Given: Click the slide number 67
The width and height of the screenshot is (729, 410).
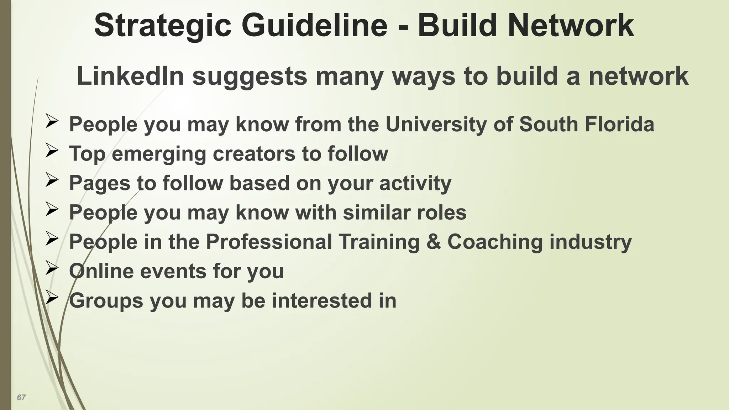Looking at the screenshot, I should (x=21, y=398).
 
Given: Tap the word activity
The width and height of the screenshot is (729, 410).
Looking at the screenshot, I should (x=415, y=183).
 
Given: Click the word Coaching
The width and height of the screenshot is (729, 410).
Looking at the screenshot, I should (x=495, y=242).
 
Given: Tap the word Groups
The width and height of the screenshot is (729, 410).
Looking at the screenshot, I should (x=106, y=300).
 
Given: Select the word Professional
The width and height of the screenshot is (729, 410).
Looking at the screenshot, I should (x=269, y=242).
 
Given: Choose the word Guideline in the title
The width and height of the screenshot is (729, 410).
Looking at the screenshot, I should (x=314, y=26).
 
